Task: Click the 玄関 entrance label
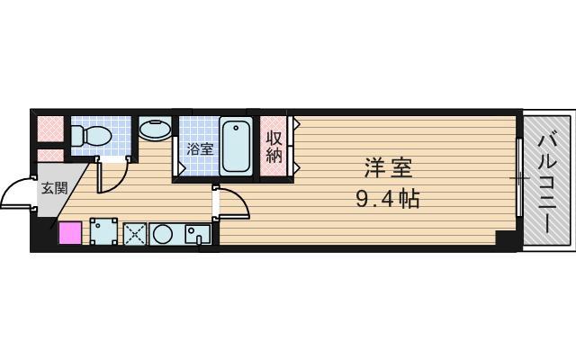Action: click(x=53, y=188)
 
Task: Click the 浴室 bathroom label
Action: click(x=200, y=149)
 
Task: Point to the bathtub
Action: click(x=237, y=146)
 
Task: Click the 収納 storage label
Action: click(x=274, y=146)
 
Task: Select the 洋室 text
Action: click(x=389, y=167)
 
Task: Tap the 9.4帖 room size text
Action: click(x=389, y=198)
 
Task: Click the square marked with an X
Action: click(x=135, y=233)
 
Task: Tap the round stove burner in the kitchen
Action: click(x=164, y=233)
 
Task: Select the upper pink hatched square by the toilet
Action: click(x=50, y=129)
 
